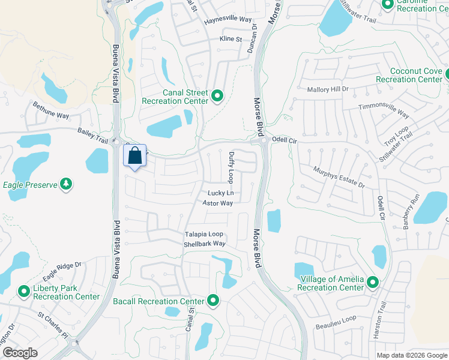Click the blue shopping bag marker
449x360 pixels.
(x=134, y=156)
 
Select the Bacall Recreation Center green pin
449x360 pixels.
(x=212, y=301)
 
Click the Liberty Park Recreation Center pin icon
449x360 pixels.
(x=24, y=292)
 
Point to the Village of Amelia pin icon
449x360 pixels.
(x=373, y=282)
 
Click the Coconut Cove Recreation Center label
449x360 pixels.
(x=409, y=75)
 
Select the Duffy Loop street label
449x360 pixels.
(x=231, y=167)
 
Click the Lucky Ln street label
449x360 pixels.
(x=220, y=193)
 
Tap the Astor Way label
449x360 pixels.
(x=217, y=203)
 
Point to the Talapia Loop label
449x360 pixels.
(x=203, y=234)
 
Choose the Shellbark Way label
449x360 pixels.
(x=205, y=244)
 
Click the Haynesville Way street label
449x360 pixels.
(x=228, y=20)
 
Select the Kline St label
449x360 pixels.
(x=231, y=39)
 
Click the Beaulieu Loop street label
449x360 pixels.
(x=336, y=322)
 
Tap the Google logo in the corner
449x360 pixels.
(x=20, y=353)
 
